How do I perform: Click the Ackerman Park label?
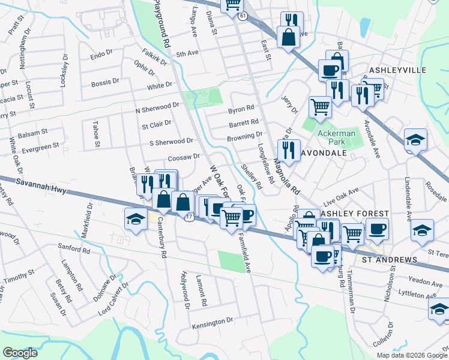337,137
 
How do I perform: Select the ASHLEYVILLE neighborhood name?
397,70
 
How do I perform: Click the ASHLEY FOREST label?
355,214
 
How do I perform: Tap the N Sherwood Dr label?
157,107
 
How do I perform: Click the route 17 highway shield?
188,215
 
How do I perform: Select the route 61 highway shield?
242,17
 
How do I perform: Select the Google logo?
20,353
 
